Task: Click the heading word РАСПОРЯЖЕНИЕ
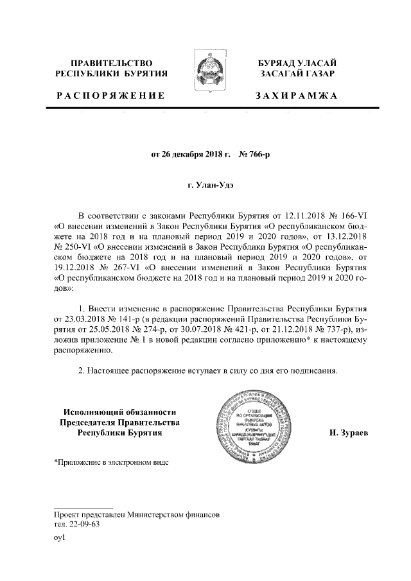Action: point(110,96)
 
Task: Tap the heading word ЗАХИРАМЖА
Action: point(296,96)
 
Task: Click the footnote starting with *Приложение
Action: point(113,462)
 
